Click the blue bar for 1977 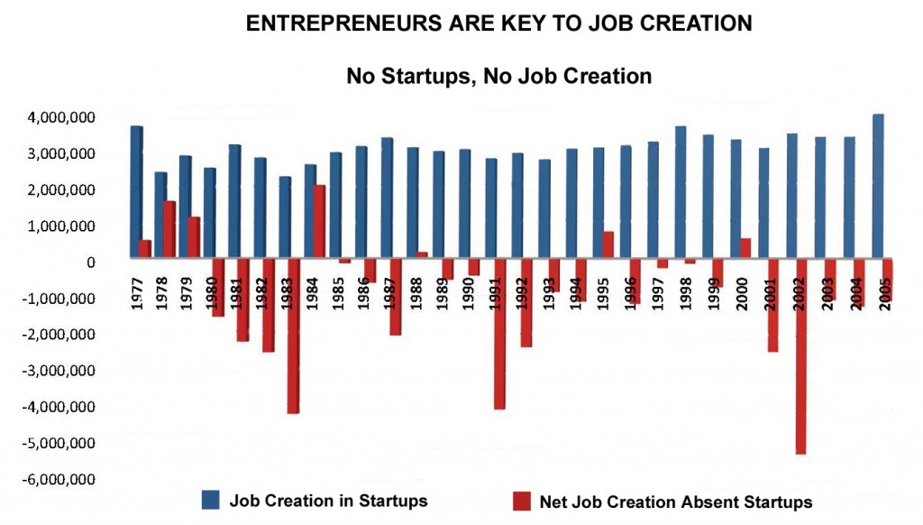(136, 194)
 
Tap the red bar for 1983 (293, 337)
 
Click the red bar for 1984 (319, 223)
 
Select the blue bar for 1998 (681, 194)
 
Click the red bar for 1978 (169, 231)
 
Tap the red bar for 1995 (608, 246)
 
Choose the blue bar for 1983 (285, 218)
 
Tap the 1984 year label (310, 291)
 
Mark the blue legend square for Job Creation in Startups (211, 501)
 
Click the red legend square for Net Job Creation (521, 501)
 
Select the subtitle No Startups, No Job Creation (498, 76)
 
